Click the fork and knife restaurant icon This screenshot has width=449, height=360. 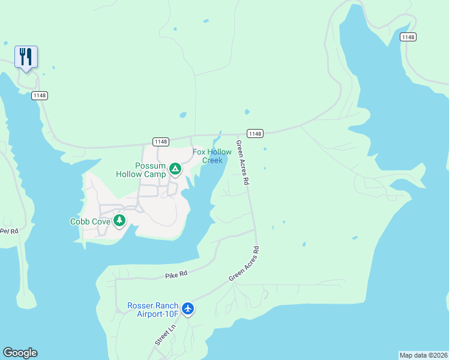pos(26,57)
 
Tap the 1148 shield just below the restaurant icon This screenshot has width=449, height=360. pos(40,95)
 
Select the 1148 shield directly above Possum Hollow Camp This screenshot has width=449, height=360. pos(160,142)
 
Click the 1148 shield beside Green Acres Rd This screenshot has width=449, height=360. pos(255,133)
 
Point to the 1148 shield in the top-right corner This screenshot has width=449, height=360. pos(408,37)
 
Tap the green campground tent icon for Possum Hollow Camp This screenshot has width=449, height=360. pos(175,170)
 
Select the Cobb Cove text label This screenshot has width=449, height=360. pos(90,221)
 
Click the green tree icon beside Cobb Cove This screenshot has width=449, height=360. pos(120,221)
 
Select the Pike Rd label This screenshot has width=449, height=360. pos(176,274)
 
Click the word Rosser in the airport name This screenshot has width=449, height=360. pos(142,305)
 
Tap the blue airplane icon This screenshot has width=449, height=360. pos(188,309)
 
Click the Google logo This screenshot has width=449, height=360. pos(20,353)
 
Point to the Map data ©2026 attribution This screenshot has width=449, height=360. pos(423,355)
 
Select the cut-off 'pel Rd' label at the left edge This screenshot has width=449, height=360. pos(9,230)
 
